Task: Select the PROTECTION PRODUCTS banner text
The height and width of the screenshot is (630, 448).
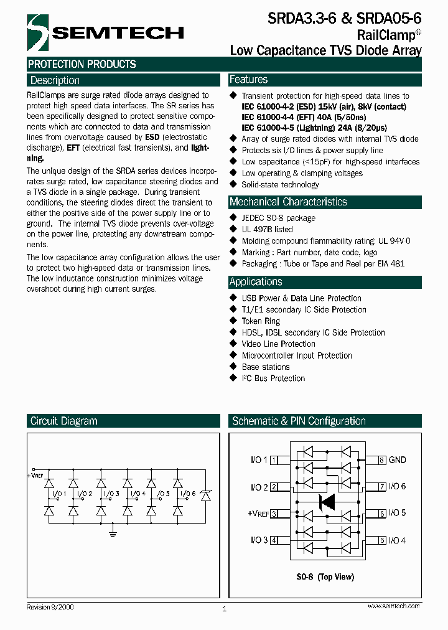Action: (x=82, y=64)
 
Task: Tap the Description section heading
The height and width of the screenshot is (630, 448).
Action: (x=55, y=80)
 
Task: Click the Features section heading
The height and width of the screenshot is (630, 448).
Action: (x=248, y=80)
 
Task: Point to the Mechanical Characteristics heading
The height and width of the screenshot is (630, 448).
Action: (x=288, y=202)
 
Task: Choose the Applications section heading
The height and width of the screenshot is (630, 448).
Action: (x=256, y=281)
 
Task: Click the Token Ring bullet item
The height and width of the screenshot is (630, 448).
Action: (x=261, y=321)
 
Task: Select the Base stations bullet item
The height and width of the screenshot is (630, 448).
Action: (x=266, y=367)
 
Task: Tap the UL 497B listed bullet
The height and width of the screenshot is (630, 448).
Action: (x=267, y=229)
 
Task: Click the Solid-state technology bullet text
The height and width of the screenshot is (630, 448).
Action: (x=280, y=184)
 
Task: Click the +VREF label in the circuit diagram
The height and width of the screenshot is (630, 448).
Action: (x=35, y=476)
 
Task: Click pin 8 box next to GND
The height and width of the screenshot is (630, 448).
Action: (x=383, y=460)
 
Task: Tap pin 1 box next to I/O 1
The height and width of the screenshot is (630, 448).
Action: (x=274, y=460)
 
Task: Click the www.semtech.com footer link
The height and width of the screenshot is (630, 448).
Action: (x=393, y=606)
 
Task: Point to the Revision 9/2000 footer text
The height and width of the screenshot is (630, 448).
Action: (x=50, y=606)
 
